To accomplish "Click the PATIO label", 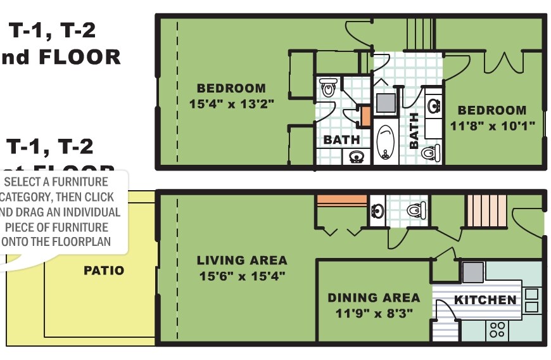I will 104,271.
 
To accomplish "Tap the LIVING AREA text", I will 242,260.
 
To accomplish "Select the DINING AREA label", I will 373,297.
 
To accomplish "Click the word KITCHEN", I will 486,300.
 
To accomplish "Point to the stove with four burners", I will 498,329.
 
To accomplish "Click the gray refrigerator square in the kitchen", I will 472,272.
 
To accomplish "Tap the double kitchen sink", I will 531,300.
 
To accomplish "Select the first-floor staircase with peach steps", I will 486,210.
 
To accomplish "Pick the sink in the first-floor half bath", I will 377,210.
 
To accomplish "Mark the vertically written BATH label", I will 414,131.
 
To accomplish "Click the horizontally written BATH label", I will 342,139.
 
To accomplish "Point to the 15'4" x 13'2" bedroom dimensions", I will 231,104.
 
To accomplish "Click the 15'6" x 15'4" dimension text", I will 242,276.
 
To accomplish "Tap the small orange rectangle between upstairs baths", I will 365,116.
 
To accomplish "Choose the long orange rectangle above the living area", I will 341,201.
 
